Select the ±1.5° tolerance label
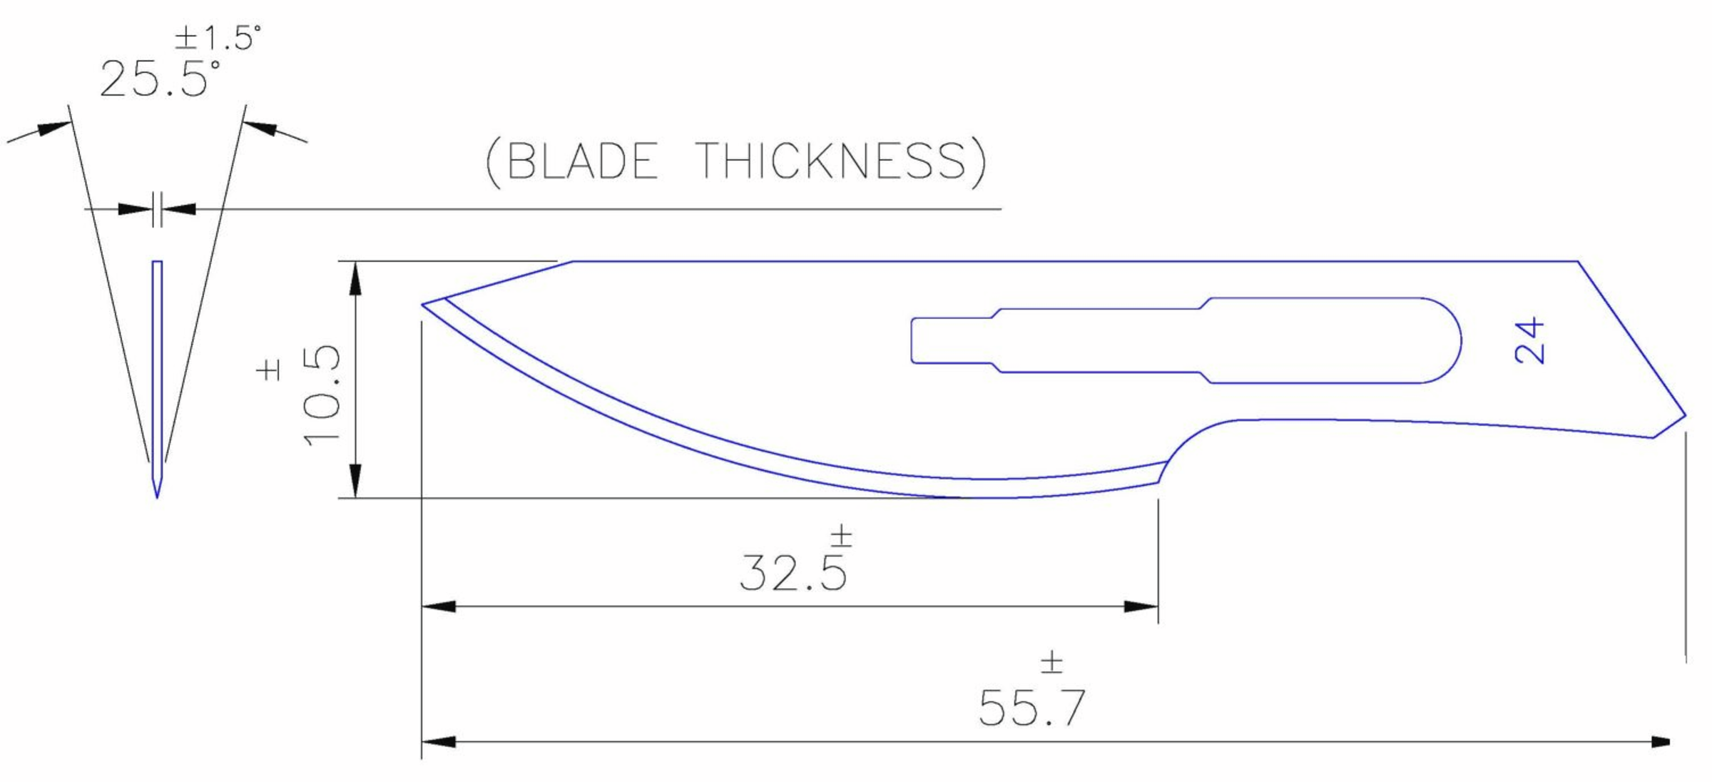tap(218, 38)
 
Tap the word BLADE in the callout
tap(581, 161)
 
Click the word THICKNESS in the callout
tap(831, 161)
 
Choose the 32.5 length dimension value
tap(793, 572)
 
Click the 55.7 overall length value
tap(1031, 708)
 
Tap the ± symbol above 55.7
tap(1051, 662)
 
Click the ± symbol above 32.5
tap(842, 536)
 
